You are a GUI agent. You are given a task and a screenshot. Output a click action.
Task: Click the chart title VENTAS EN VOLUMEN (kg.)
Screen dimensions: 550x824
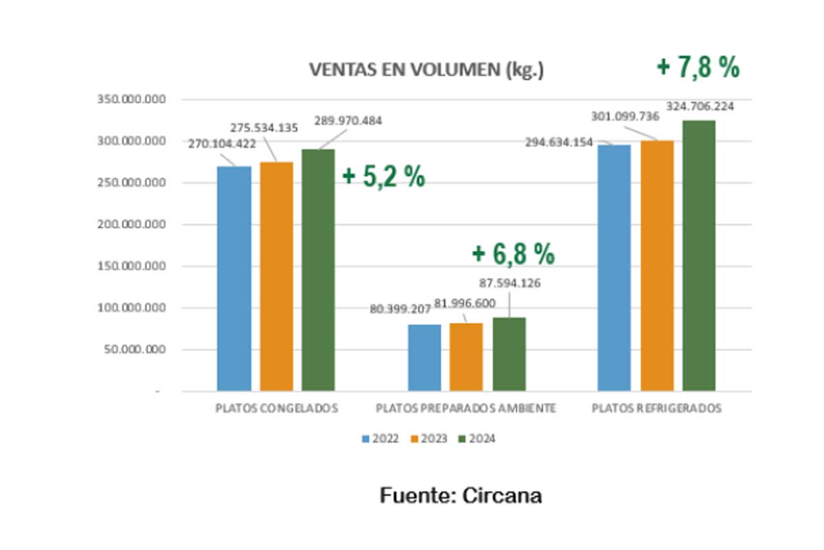(426, 70)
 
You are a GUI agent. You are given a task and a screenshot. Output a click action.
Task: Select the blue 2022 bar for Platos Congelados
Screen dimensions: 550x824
(234, 278)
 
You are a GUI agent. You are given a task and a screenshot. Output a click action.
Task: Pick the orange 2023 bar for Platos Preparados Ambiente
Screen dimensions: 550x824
(467, 357)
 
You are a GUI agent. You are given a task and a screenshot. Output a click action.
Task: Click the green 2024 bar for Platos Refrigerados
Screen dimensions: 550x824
(699, 255)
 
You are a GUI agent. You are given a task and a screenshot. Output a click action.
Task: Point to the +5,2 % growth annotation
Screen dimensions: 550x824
(384, 176)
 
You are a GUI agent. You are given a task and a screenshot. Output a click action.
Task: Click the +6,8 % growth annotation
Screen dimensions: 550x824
(513, 254)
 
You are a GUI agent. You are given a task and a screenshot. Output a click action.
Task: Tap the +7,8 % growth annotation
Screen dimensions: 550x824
(698, 67)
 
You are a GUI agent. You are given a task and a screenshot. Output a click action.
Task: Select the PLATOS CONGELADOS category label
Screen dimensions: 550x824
(277, 409)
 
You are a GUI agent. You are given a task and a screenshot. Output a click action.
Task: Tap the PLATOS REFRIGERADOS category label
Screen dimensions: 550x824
(656, 409)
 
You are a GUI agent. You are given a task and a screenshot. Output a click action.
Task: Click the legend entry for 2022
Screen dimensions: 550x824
(380, 439)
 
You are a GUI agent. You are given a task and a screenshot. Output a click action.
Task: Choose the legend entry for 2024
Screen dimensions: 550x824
(476, 439)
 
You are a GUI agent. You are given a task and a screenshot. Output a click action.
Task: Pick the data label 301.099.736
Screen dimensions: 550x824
(624, 117)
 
